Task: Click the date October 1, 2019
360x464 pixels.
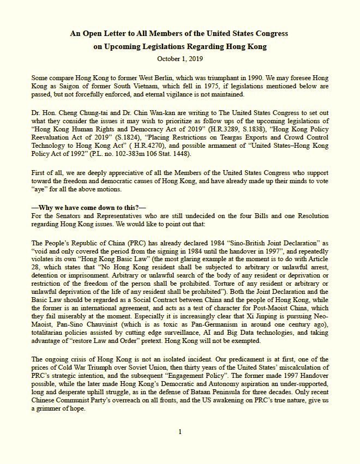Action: (x=179, y=58)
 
